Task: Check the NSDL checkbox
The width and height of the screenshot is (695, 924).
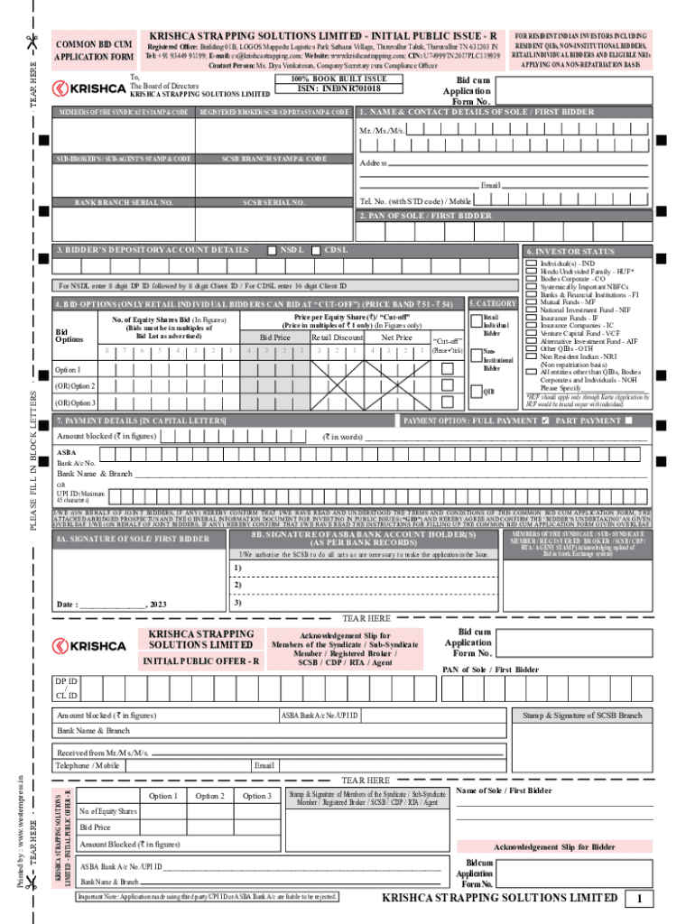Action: [272, 249]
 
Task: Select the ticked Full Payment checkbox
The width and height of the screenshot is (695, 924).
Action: [544, 420]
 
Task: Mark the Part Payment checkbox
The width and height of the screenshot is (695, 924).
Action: [628, 420]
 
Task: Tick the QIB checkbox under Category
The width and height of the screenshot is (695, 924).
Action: [476, 392]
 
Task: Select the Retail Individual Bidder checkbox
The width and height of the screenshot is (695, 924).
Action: [476, 318]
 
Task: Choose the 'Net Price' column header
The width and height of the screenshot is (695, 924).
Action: [396, 337]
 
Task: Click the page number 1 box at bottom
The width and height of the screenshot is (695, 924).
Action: [639, 899]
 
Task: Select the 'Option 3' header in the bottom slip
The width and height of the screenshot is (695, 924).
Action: [256, 796]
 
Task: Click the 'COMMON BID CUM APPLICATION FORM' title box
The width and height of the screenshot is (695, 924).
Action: [95, 50]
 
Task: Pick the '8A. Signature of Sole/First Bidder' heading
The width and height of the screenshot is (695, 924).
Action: [133, 539]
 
